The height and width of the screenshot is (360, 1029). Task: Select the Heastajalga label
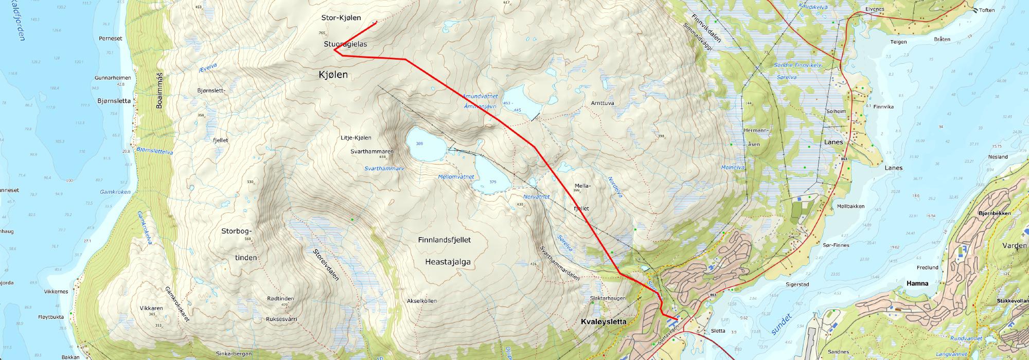[x=448, y=262]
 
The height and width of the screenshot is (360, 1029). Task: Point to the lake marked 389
[x=426, y=145]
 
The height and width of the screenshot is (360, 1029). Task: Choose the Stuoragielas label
[x=345, y=45]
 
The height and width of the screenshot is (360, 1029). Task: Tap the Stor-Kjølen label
[x=341, y=17]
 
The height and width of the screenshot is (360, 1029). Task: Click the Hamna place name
[x=918, y=283]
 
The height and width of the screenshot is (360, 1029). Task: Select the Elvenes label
[x=874, y=9]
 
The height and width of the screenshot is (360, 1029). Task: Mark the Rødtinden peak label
[x=281, y=299]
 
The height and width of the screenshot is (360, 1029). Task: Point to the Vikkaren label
[x=151, y=308]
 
